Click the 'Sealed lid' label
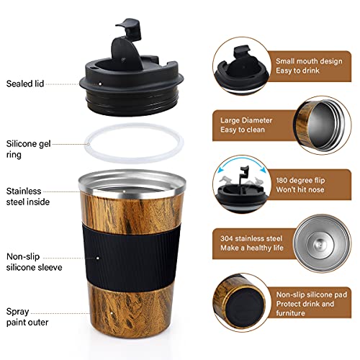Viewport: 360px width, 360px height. [26, 84]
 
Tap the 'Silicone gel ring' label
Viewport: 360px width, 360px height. [27, 148]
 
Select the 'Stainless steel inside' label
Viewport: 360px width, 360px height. [26, 197]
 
